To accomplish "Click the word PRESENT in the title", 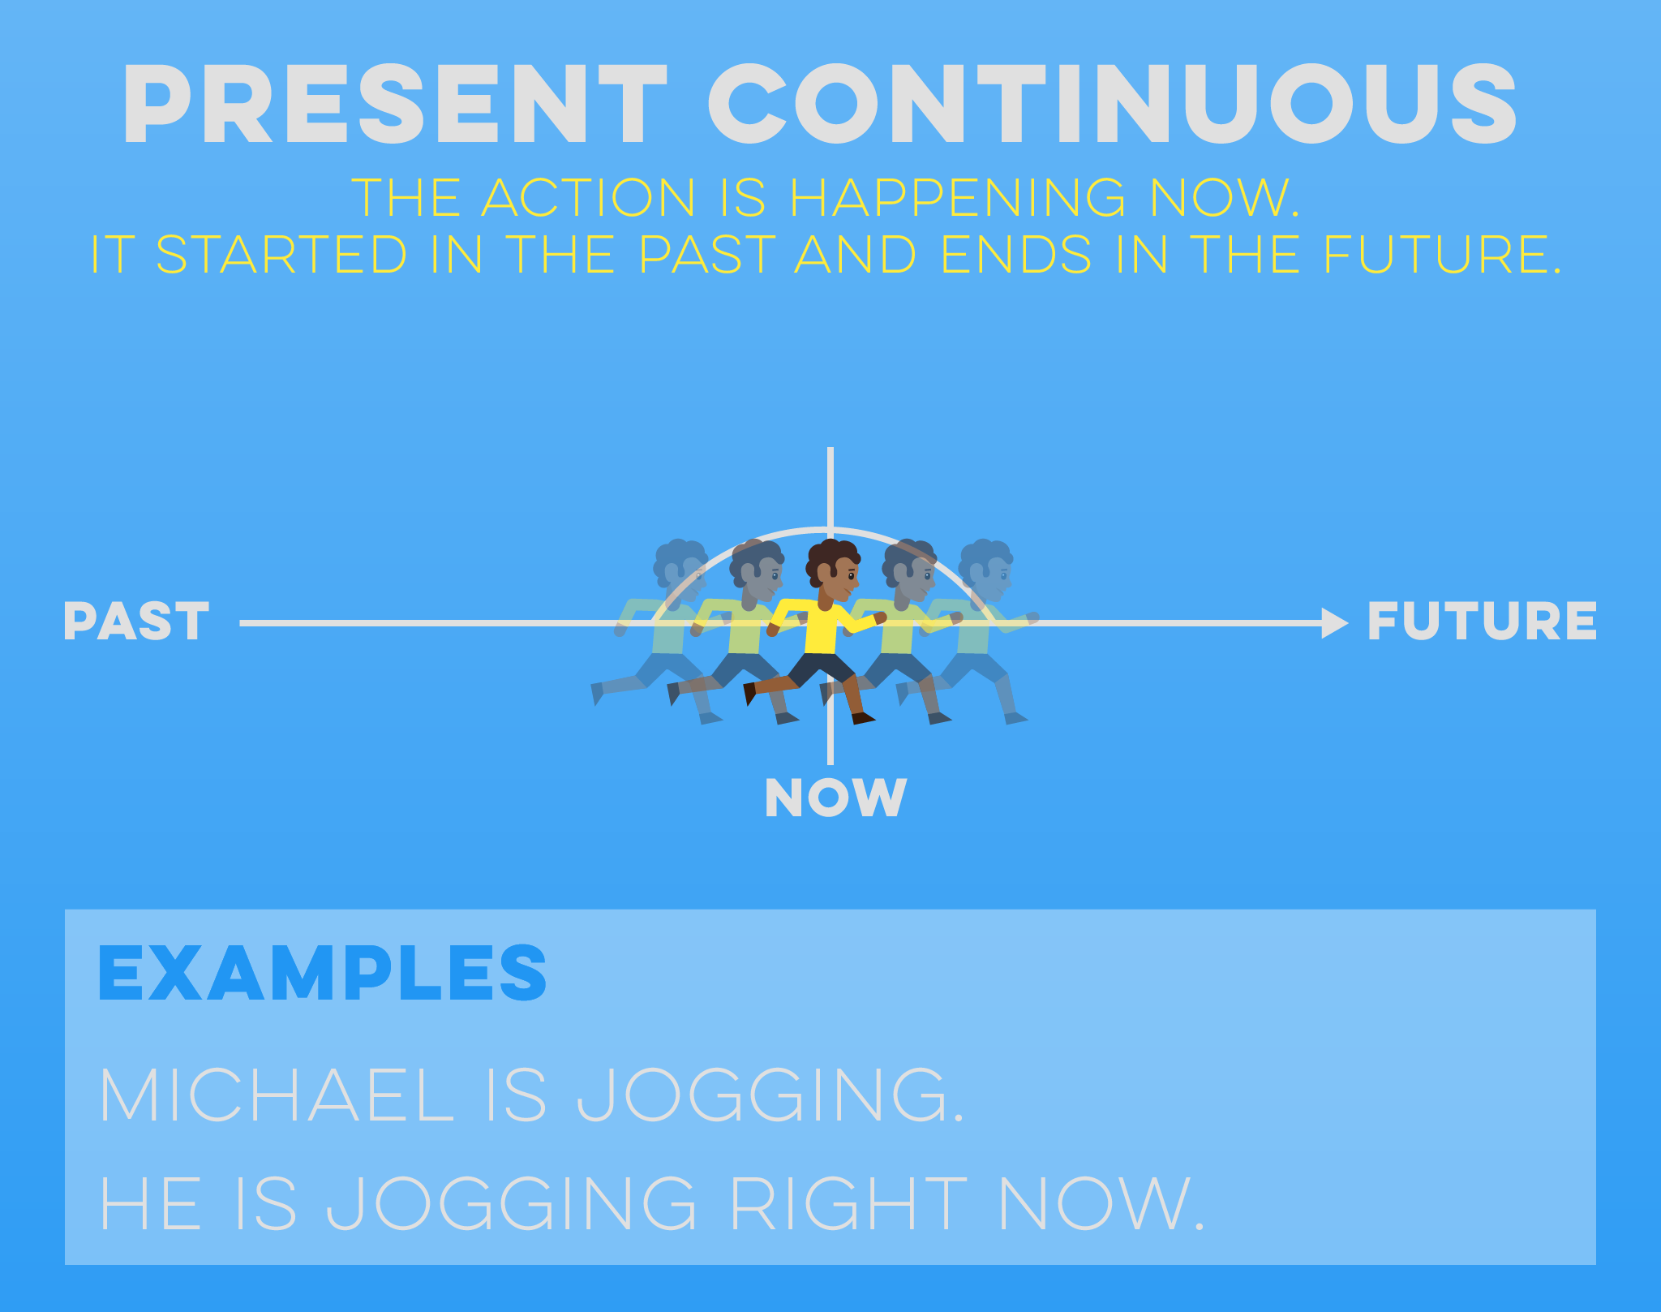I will [x=395, y=105].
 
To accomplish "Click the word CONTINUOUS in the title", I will [x=1112, y=105].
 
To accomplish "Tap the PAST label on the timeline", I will [x=136, y=622].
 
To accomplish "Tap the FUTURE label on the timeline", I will [x=1482, y=622].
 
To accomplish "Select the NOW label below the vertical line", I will [x=835, y=798].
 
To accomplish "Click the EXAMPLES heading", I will [x=322, y=973].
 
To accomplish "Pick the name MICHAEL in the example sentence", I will [x=276, y=1095].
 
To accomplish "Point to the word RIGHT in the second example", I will [x=848, y=1204].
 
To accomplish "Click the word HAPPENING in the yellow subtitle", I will [x=957, y=198].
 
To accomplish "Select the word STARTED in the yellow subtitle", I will [x=281, y=255].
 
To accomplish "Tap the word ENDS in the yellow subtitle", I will [x=1016, y=255].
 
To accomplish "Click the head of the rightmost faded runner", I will [x=986, y=564].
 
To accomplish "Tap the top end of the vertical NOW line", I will [x=830, y=451].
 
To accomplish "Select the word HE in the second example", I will [x=150, y=1204].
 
